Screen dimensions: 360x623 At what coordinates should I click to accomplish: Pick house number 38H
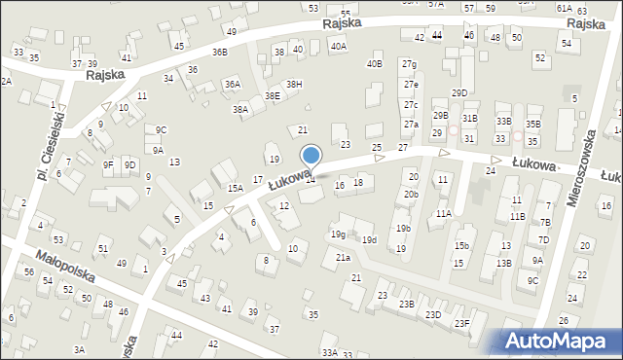click(293, 84)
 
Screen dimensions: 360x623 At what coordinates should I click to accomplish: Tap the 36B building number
click(220, 52)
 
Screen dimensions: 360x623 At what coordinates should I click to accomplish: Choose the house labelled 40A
click(338, 45)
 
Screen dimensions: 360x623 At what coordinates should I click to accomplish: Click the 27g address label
click(410, 64)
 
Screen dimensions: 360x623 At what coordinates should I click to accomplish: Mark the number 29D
click(459, 92)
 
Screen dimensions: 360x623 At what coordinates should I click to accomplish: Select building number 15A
click(235, 188)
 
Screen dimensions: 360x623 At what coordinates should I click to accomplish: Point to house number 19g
click(337, 234)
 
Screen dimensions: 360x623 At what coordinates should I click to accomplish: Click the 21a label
click(343, 257)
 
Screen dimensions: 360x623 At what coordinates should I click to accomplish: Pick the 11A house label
click(444, 213)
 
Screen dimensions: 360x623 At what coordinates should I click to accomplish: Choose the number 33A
click(330, 352)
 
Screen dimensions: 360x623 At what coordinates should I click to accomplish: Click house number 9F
click(108, 164)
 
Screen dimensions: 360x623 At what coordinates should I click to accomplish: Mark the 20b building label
click(412, 194)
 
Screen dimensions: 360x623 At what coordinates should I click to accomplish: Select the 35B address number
click(532, 124)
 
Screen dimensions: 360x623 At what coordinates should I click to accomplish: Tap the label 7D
click(545, 223)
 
